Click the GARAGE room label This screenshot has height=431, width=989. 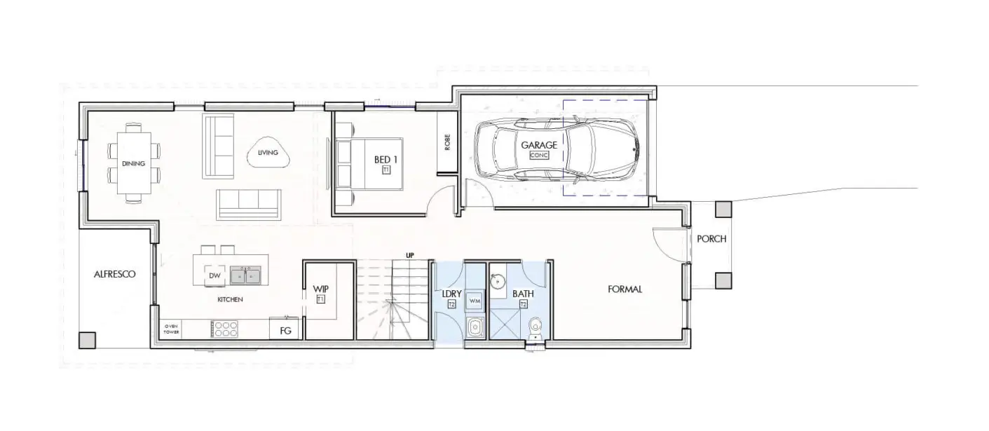pos(538,145)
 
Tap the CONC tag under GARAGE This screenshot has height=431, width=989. pos(539,155)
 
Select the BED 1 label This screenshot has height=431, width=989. pos(386,159)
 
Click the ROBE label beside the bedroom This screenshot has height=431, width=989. pos(448,142)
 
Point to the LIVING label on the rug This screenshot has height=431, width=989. pos(268,152)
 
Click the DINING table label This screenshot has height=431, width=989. pos(133,163)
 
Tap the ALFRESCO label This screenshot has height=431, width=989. pos(114,274)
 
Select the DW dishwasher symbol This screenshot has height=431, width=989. pos(214,275)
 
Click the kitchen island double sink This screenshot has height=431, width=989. pos(245,275)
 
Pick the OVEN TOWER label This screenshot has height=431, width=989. pos(171,329)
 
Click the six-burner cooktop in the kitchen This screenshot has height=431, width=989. pos(225,329)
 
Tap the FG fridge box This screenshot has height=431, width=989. pos(286,329)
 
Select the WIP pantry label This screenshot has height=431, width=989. pos(321,289)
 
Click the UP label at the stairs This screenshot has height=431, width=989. pos(410,255)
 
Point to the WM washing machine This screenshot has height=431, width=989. pos(475,300)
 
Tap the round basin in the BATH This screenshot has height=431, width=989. pos(498,280)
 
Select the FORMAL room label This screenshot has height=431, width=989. pos(625,289)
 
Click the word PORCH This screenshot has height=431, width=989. pos(711,239)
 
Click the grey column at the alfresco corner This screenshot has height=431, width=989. pos(87,341)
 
